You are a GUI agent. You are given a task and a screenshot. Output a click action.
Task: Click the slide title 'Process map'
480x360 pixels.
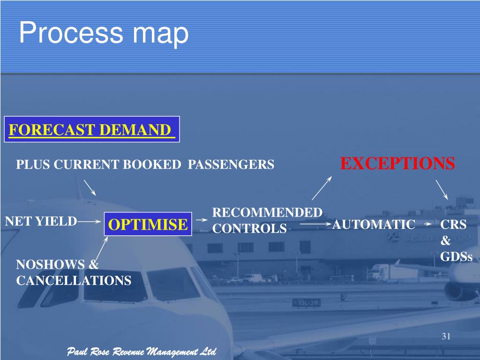coord(104,34)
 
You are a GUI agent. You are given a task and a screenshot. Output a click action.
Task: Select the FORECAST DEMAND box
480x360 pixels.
coord(92,129)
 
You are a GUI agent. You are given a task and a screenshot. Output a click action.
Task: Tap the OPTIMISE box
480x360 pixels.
coord(148,225)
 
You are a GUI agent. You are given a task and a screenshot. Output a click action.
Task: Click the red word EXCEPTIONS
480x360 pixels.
coord(397,164)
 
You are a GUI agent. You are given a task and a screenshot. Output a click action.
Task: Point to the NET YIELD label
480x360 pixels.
coord(41,221)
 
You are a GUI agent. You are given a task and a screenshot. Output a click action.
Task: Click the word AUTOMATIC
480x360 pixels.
coord(374,225)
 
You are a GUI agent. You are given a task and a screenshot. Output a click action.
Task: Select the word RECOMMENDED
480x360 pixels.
coord(267,213)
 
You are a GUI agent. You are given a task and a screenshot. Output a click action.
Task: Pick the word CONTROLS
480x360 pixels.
coord(249,229)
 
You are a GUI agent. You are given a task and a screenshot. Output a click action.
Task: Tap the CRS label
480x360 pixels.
coord(453,225)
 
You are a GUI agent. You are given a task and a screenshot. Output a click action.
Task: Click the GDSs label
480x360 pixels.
coord(456,257)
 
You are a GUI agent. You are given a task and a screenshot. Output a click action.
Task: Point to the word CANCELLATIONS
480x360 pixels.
coord(74,281)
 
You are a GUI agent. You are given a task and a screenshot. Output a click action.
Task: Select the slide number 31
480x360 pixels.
coord(446,337)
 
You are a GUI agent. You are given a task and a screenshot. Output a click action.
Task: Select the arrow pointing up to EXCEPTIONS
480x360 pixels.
coord(322,188)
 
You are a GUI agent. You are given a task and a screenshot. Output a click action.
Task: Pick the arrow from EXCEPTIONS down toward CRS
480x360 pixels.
coord(442,189)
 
